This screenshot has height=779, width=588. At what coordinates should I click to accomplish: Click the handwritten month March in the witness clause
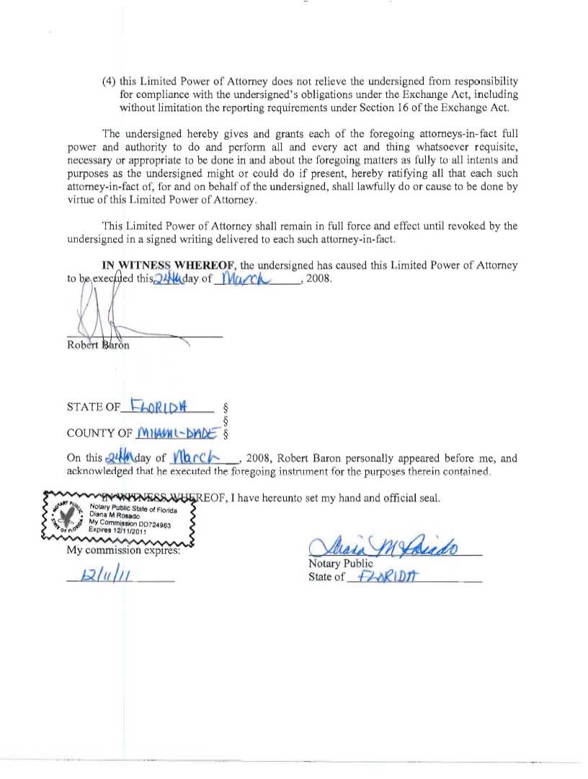point(245,277)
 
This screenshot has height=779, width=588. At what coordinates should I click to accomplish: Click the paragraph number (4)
point(109,82)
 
